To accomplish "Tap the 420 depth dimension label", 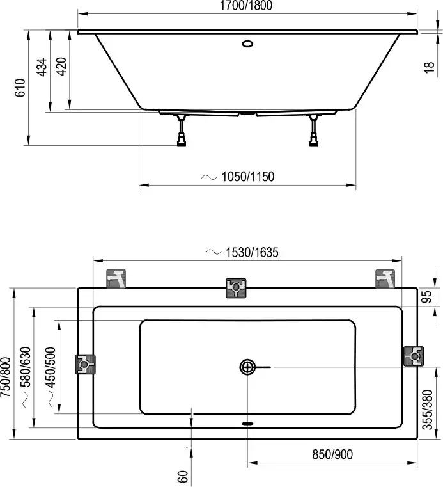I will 61,67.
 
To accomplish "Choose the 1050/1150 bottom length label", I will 246,177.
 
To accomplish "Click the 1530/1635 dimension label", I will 250,253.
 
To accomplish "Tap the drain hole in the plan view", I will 247,367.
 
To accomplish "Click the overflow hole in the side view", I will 247,45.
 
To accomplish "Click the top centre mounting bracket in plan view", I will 236,289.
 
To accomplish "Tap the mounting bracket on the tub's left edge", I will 85,364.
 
